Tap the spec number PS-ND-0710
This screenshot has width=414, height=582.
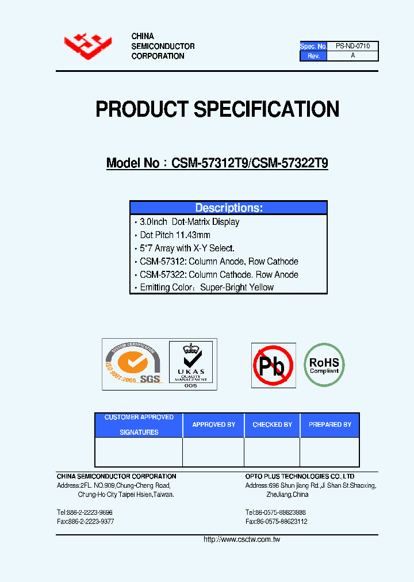(352, 46)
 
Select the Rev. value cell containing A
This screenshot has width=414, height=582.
(352, 56)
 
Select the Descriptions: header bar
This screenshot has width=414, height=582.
(228, 208)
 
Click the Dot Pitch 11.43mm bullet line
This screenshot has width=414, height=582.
(175, 235)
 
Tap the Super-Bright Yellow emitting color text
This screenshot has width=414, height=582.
(237, 287)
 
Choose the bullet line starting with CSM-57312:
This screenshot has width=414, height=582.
(218, 261)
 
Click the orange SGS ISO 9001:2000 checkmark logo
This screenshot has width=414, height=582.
(132, 364)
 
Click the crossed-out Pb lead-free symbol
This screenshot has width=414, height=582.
(273, 365)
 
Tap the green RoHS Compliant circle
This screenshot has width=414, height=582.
(324, 365)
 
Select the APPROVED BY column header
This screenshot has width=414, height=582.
(213, 424)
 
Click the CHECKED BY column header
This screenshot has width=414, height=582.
(272, 424)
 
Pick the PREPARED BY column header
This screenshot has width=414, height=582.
(329, 424)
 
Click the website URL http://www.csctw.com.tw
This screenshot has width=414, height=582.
(241, 539)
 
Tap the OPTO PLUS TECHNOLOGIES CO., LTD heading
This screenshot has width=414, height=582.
(300, 476)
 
